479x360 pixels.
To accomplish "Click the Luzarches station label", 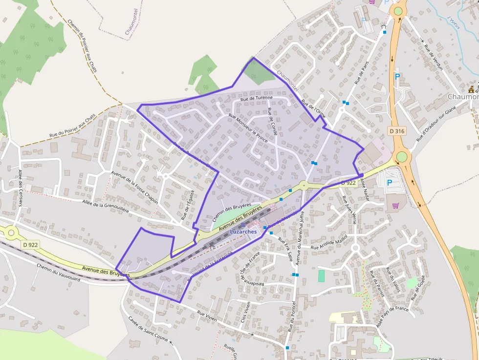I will [x=243, y=231].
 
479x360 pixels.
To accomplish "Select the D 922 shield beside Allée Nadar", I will [x=348, y=183].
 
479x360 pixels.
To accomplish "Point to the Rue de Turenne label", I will [x=256, y=98].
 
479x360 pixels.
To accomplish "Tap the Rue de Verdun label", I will [x=433, y=57].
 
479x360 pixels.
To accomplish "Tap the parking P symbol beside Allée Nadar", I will [x=390, y=183].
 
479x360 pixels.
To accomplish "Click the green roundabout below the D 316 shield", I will [x=401, y=156].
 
